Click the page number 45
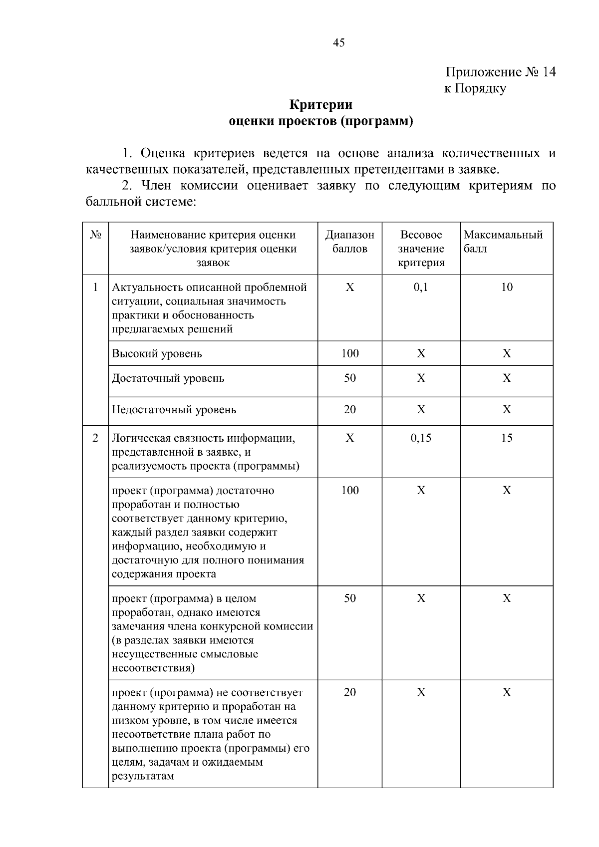pyautogui.click(x=338, y=43)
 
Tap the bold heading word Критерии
pyautogui.click(x=321, y=105)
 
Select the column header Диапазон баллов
pyautogui.click(x=349, y=242)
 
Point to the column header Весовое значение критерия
pyautogui.click(x=421, y=249)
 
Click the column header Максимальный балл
pyautogui.click(x=503, y=242)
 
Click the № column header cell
pyautogui.click(x=95, y=235)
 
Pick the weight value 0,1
pyautogui.click(x=421, y=287)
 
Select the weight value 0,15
pyautogui.click(x=421, y=438)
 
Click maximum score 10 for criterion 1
pyautogui.click(x=507, y=287)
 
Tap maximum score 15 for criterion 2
pyautogui.click(x=507, y=438)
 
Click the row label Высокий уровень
pyautogui.click(x=157, y=354)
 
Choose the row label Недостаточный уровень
pyautogui.click(x=174, y=410)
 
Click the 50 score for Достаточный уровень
pyautogui.click(x=349, y=378)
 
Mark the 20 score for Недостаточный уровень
pyautogui.click(x=349, y=410)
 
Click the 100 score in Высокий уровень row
pyautogui.click(x=349, y=354)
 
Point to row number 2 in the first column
pyautogui.click(x=95, y=438)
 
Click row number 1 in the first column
pyautogui.click(x=95, y=287)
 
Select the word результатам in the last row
pyautogui.click(x=143, y=776)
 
